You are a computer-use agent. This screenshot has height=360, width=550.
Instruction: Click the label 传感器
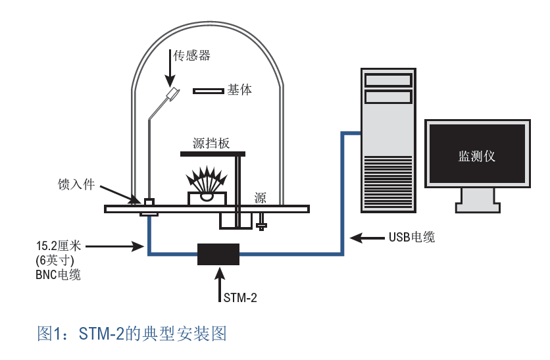191,56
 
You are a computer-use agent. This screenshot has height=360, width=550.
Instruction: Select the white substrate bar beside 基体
208,91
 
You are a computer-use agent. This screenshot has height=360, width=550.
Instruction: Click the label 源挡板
211,143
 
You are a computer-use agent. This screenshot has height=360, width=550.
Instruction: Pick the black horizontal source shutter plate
212,154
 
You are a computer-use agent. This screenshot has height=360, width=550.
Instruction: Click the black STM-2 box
218,253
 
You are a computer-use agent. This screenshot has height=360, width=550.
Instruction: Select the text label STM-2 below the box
238,298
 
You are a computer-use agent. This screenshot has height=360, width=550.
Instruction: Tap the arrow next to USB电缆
366,236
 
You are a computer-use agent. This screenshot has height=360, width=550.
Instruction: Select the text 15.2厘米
59,246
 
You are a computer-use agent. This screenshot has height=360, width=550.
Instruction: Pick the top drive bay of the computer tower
389,80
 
